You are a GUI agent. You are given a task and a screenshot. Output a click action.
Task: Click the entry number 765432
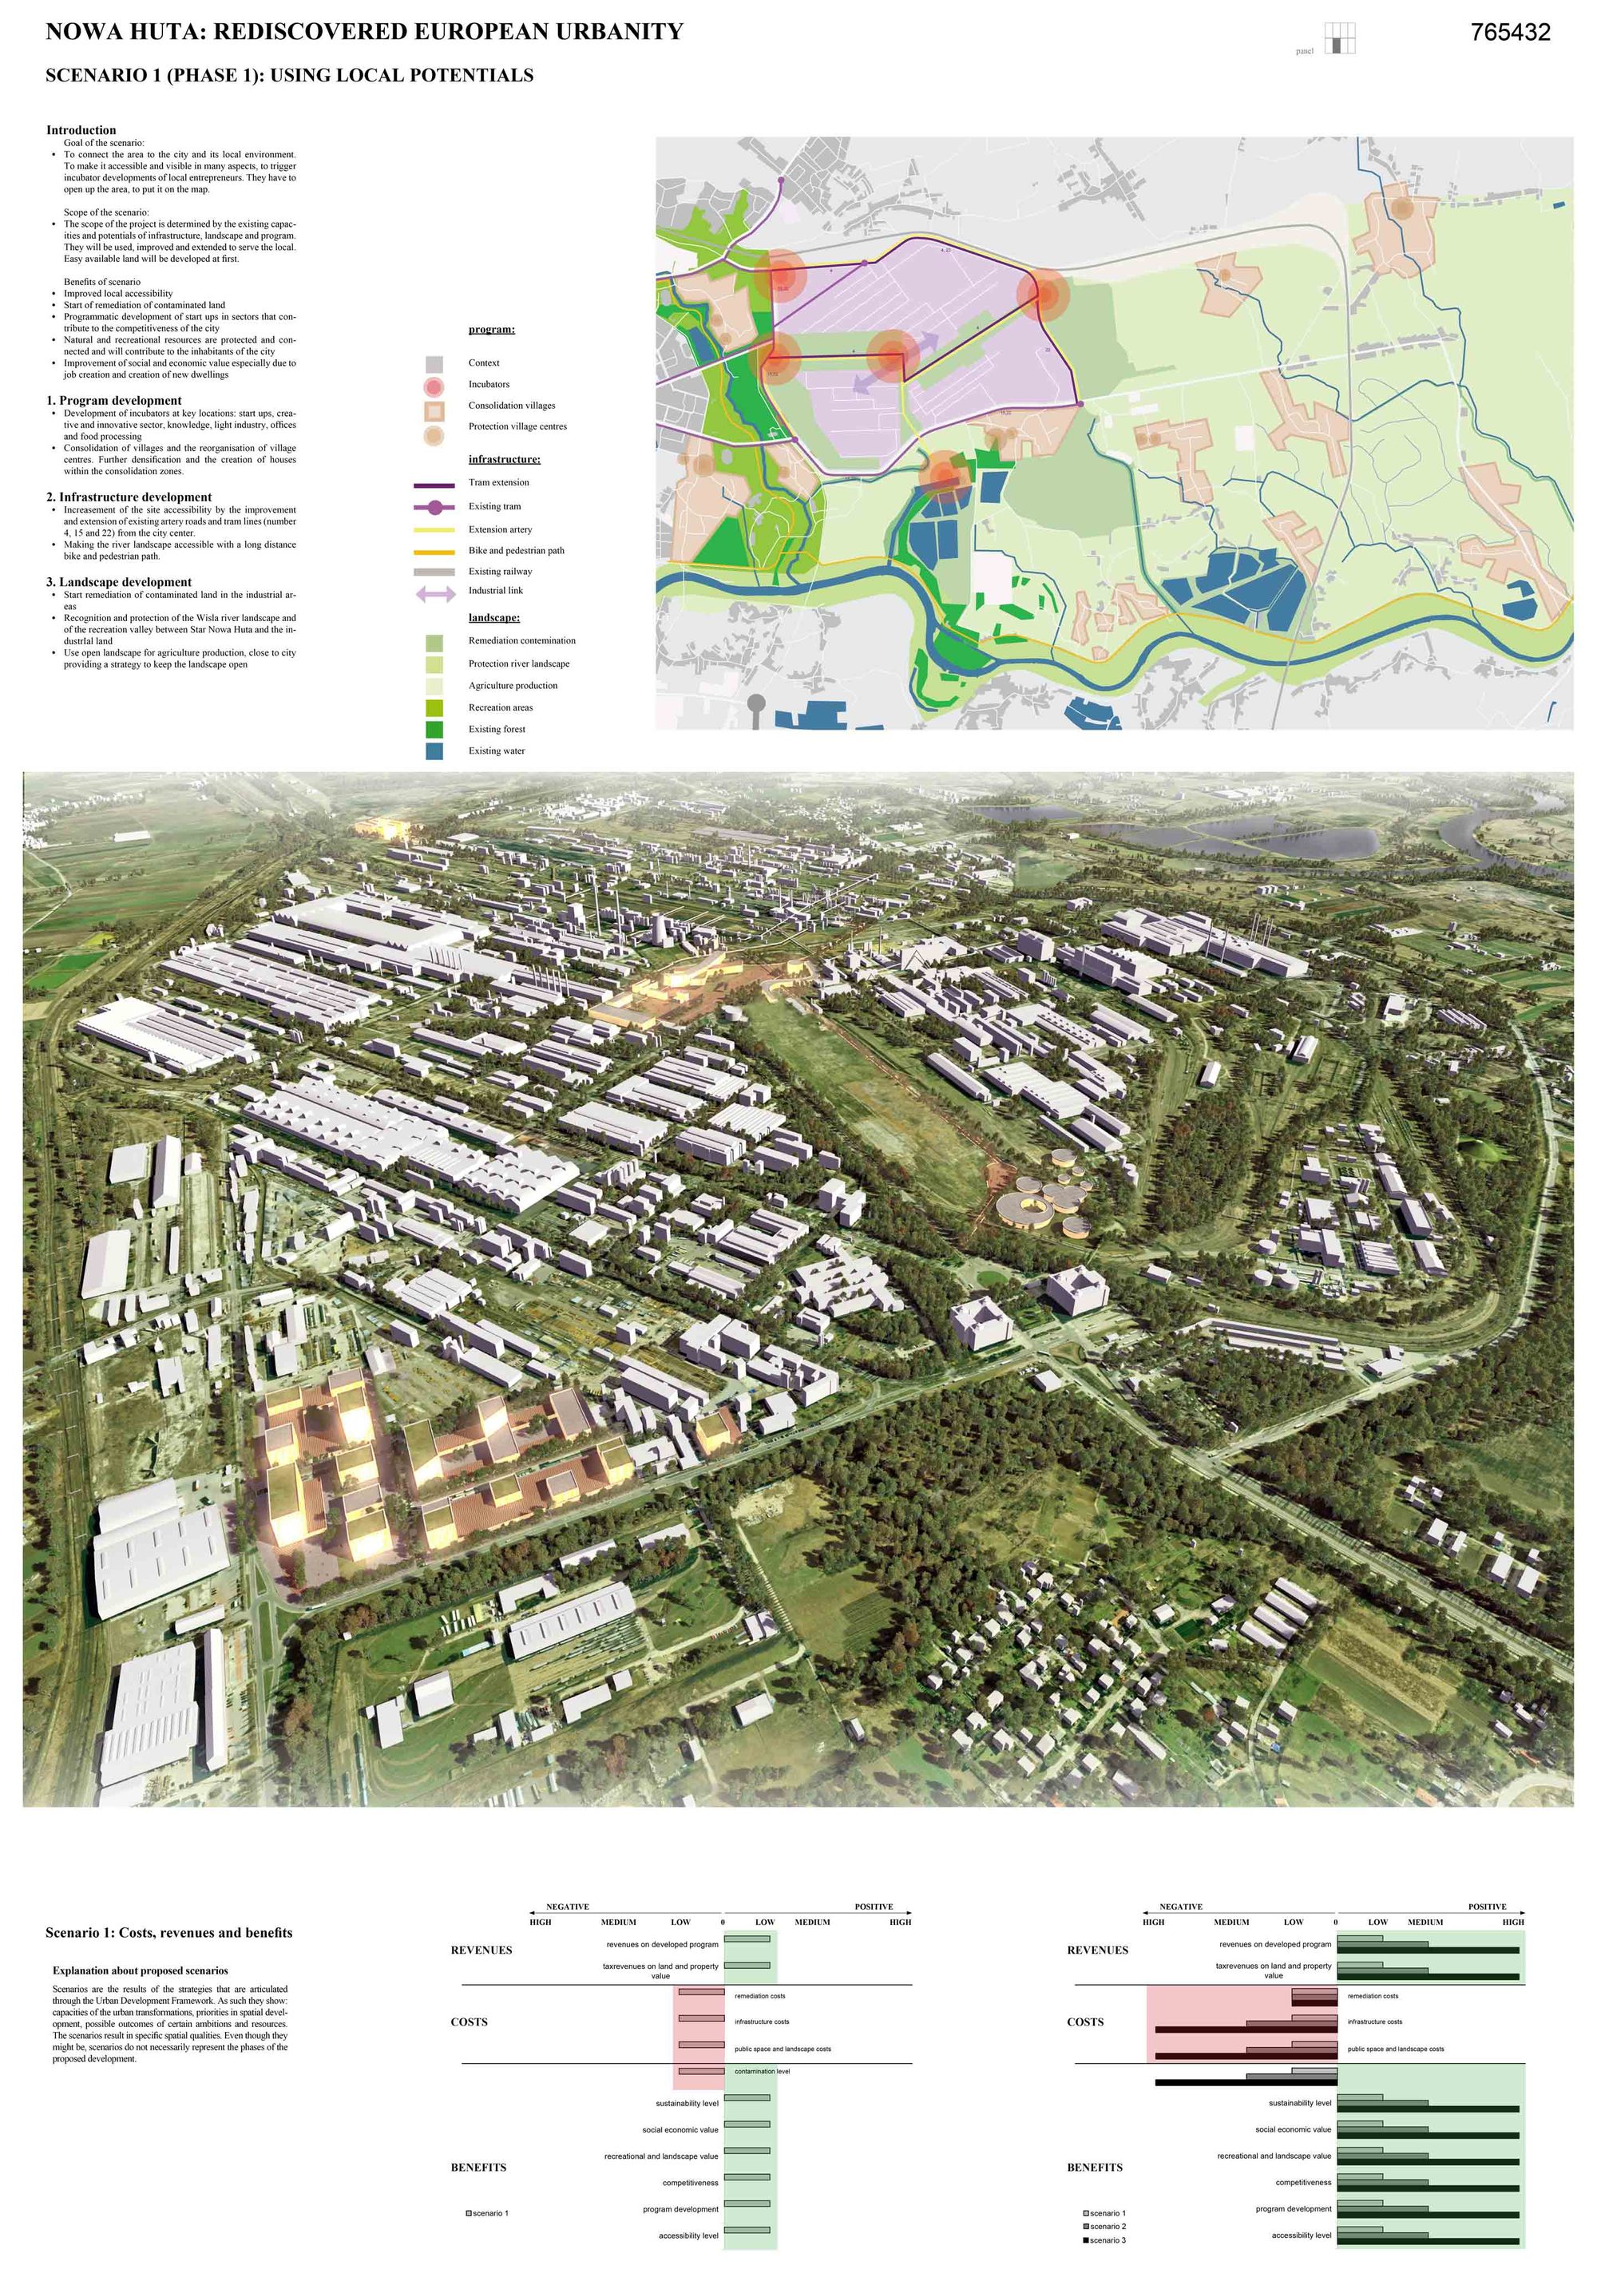pyautogui.click(x=1509, y=33)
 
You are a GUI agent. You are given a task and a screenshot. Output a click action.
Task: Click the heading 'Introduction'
pyautogui.click(x=81, y=130)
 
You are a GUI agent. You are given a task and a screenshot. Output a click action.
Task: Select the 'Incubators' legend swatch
pyautogui.click(x=434, y=385)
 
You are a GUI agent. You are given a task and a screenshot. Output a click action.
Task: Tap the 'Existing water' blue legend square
pyautogui.click(x=434, y=751)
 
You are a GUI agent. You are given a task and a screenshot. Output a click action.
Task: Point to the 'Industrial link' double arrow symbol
pyautogui.click(x=434, y=594)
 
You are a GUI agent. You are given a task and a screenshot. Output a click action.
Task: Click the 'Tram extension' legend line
pyautogui.click(x=434, y=484)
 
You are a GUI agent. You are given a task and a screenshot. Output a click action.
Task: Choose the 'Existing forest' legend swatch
pyautogui.click(x=434, y=729)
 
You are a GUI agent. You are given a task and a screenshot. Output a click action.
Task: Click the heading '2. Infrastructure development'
pyautogui.click(x=129, y=497)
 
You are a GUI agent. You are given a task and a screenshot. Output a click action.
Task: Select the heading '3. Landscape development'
pyautogui.click(x=118, y=582)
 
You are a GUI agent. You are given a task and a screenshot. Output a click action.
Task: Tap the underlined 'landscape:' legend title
pyautogui.click(x=494, y=618)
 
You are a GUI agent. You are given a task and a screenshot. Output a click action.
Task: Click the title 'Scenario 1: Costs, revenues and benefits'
pyautogui.click(x=169, y=1932)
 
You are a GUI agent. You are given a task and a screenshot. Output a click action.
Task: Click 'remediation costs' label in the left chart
pyautogui.click(x=759, y=1996)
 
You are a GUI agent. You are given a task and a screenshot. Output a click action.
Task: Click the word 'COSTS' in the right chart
pyautogui.click(x=1085, y=2022)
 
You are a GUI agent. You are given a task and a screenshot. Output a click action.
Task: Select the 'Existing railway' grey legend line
pyautogui.click(x=434, y=572)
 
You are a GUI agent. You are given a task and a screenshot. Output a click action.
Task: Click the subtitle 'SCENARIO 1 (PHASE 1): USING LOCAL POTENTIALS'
pyautogui.click(x=289, y=76)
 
